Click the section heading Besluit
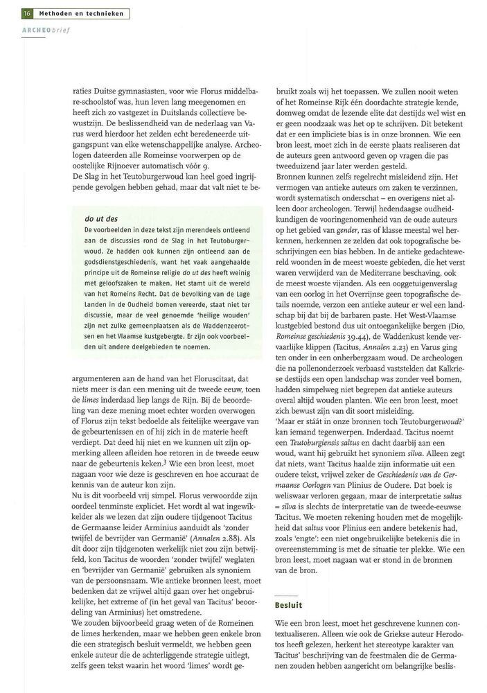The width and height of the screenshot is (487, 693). [290, 604]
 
